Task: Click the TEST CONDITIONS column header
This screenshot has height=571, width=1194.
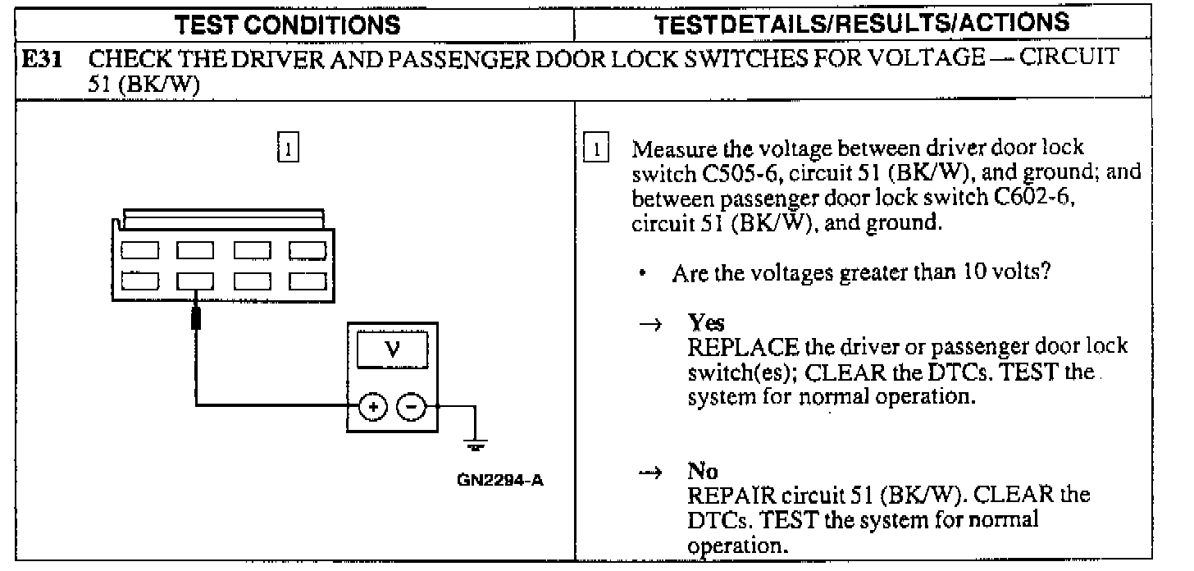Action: (x=289, y=25)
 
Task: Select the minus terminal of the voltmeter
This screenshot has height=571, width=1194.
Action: (x=412, y=405)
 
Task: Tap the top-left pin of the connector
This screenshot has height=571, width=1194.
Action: (x=137, y=248)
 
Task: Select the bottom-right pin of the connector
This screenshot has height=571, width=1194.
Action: (x=306, y=281)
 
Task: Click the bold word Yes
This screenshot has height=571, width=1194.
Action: (x=701, y=324)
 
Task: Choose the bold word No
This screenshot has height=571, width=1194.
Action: (x=703, y=473)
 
